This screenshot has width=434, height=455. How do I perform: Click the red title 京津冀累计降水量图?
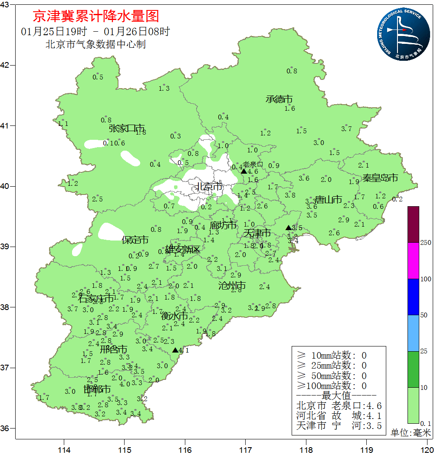(x=96, y=16)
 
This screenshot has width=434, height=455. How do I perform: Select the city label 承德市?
(x=279, y=99)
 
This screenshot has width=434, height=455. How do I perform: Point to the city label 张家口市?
(x=127, y=128)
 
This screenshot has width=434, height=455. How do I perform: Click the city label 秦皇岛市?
(x=380, y=178)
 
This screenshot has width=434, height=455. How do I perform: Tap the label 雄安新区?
(x=183, y=249)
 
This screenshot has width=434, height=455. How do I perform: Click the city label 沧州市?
(x=232, y=285)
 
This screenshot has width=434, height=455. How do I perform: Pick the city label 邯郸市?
(x=97, y=389)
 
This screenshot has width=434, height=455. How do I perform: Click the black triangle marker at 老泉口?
(x=244, y=171)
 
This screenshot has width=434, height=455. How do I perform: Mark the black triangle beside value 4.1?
(x=175, y=350)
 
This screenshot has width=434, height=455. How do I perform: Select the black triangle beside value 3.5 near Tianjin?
(x=289, y=227)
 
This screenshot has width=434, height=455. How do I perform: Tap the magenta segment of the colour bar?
(x=413, y=260)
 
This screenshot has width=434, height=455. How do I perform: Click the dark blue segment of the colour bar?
(x=413, y=297)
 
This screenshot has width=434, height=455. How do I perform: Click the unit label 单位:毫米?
(x=410, y=433)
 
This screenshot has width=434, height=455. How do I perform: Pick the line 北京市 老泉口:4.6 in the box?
(x=339, y=406)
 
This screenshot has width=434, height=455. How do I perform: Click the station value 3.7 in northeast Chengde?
(x=346, y=129)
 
